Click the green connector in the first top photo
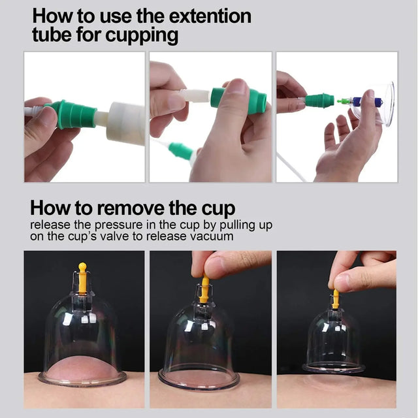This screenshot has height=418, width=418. (71, 114)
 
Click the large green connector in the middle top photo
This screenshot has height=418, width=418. (238, 100)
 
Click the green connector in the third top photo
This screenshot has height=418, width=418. (319, 101)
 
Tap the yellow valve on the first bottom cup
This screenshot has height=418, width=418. (82, 278)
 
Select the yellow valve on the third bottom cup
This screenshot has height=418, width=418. (336, 298)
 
